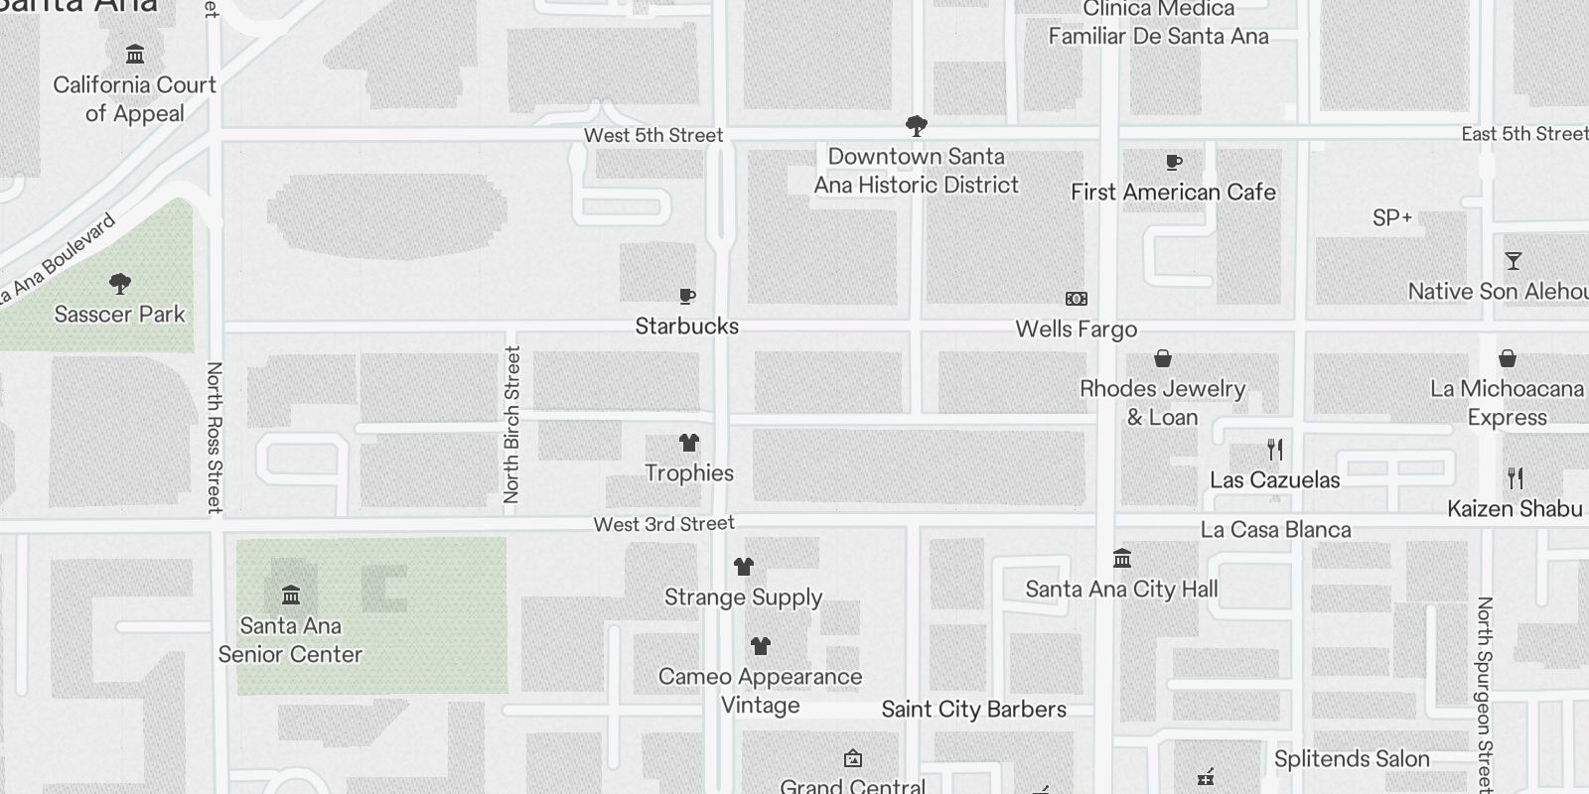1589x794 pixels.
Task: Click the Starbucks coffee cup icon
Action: point(686,297)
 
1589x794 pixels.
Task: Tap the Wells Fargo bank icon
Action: point(1076,299)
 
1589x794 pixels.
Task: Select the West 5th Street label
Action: point(653,135)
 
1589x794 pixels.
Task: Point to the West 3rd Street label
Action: point(663,524)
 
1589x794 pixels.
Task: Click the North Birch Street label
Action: point(511,424)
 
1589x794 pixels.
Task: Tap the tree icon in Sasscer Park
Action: point(120,285)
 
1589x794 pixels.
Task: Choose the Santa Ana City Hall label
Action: point(1121,590)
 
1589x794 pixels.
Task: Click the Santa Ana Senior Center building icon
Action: point(291,595)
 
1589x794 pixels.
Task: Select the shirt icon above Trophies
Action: point(688,443)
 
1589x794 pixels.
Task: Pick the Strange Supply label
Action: point(743,597)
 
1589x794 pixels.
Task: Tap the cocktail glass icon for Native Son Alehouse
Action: point(1513,261)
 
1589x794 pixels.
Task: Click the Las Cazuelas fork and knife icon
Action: point(1275,450)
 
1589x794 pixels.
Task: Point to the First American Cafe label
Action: point(1173,193)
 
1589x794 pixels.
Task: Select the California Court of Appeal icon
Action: point(135,54)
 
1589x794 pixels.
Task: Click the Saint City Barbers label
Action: point(973,710)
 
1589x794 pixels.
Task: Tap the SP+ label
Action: point(1391,218)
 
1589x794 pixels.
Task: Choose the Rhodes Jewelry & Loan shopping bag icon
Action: point(1163,358)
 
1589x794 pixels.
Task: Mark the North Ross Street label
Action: point(214,437)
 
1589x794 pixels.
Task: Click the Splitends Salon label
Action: point(1352,759)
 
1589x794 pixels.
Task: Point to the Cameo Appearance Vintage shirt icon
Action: point(760,646)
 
